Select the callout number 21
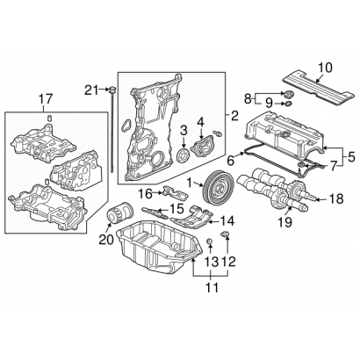point(91,89)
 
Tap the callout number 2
point(234,115)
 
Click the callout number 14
point(227,220)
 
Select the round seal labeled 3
point(179,156)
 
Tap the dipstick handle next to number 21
point(112,90)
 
